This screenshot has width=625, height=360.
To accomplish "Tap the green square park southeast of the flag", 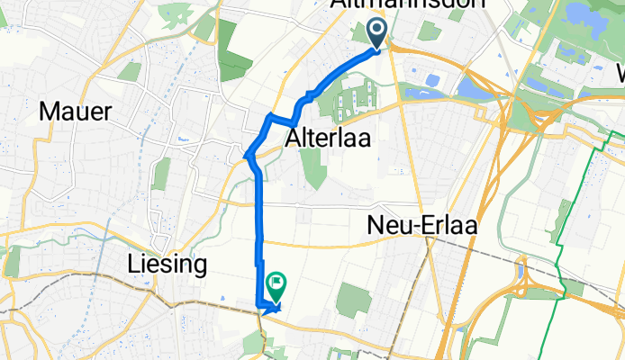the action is click(x=351, y=301).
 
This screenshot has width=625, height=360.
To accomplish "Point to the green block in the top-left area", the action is click(x=236, y=65).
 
